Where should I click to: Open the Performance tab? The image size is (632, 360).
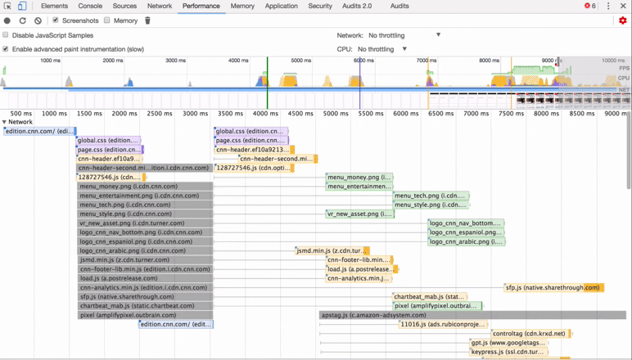(x=201, y=6)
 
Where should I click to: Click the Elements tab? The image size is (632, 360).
(x=54, y=6)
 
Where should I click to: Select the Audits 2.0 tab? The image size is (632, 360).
(x=356, y=6)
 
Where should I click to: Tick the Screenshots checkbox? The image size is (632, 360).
(x=56, y=20)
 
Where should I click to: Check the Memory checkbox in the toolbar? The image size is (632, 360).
(x=107, y=20)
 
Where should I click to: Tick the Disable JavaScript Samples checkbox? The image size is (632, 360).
(x=6, y=35)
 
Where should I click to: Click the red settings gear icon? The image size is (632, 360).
(x=622, y=20)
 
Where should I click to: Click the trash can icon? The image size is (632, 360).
(x=147, y=20)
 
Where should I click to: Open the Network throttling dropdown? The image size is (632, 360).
(x=404, y=35)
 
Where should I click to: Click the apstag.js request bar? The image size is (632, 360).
(x=472, y=315)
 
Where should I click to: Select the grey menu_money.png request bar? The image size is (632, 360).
(x=145, y=187)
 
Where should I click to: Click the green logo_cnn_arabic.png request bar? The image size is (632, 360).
(x=467, y=241)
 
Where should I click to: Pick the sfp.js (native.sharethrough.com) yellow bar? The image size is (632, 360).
(x=553, y=288)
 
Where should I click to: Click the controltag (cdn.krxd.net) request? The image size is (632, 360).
(x=530, y=334)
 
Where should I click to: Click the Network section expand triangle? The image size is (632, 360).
(x=4, y=122)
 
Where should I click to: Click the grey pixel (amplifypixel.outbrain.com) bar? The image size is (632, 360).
(x=145, y=315)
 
